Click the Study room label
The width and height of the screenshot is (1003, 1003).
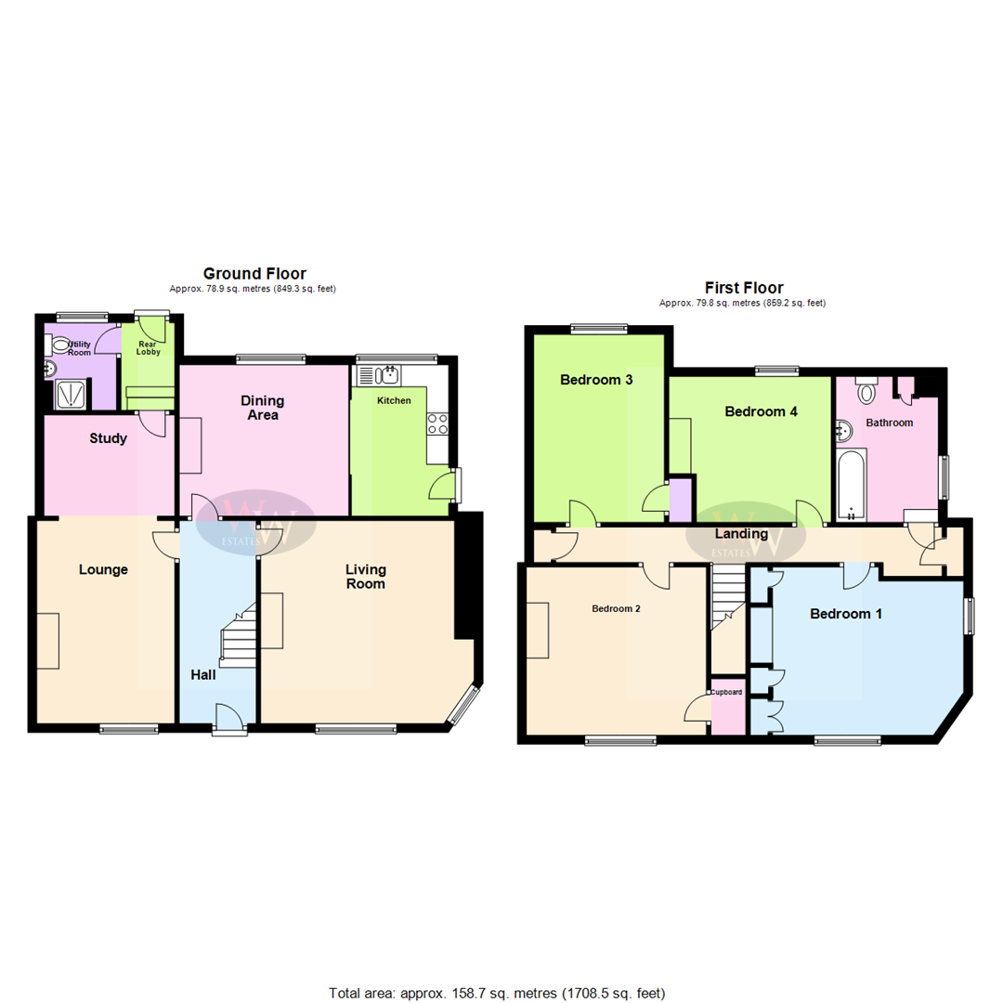pos(109,438)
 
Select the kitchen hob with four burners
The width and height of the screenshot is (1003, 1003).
pos(437,423)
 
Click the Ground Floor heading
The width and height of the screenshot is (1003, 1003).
pos(254,273)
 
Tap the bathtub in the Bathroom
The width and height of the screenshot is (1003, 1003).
pos(851,486)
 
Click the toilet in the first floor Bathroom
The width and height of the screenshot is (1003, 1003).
pos(867,390)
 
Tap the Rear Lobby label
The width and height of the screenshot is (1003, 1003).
pos(149,347)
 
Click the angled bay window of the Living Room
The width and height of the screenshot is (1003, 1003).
pos(462,706)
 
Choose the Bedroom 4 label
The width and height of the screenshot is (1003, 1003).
pos(761,411)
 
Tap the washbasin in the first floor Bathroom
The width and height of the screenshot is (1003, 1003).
pos(843,430)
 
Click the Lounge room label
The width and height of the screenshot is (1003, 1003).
pos(103,569)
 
